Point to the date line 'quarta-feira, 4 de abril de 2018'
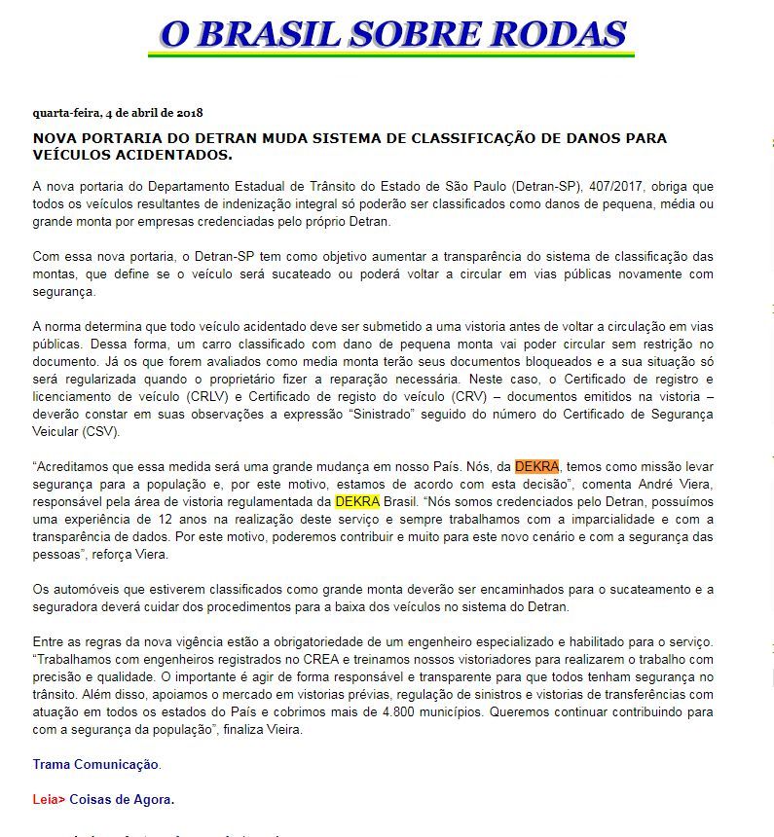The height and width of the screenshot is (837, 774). (118, 112)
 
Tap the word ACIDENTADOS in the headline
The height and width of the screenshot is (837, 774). (165, 155)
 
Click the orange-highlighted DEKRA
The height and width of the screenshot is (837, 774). (536, 466)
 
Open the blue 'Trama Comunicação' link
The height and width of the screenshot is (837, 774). (95, 764)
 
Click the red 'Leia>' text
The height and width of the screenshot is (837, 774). (49, 799)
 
